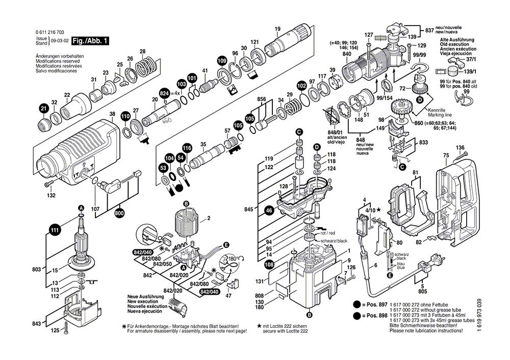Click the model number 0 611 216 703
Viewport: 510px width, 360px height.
(x=50, y=32)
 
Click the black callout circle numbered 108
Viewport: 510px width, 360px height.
(x=269, y=264)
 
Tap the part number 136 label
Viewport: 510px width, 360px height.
(x=460, y=148)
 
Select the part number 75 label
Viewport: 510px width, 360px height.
(x=445, y=156)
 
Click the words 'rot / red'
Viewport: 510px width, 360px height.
(x=328, y=233)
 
